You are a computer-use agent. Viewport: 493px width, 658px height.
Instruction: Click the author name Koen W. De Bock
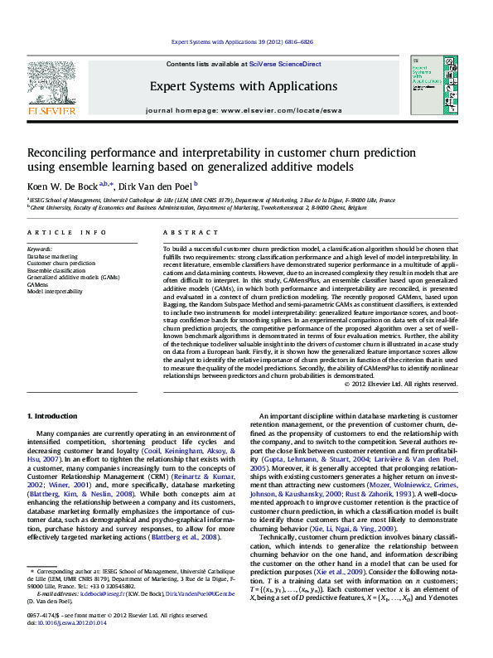62,186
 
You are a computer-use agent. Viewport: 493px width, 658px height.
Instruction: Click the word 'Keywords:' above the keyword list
40,249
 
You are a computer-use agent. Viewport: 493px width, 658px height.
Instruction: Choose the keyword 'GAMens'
37,283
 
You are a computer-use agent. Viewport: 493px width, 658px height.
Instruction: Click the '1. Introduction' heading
53,414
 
